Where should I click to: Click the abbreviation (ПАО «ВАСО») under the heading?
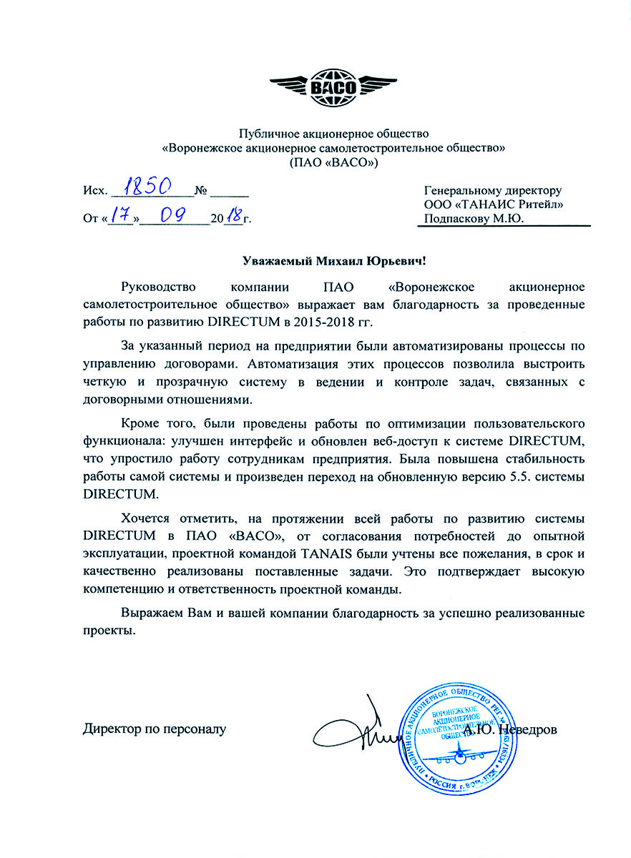click(333, 162)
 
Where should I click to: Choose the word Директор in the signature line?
click(111, 730)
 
